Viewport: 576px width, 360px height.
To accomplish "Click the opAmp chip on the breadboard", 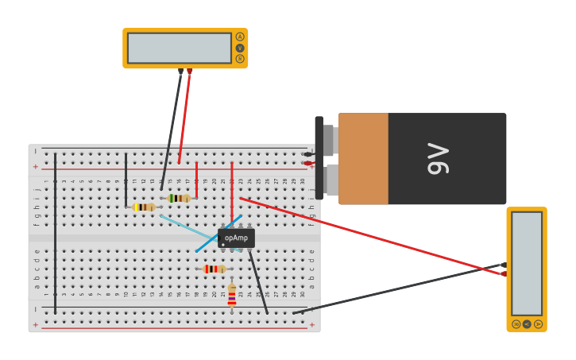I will [x=236, y=238].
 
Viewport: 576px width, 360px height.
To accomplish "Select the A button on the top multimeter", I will [x=240, y=37].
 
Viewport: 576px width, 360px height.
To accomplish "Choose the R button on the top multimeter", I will [x=240, y=59].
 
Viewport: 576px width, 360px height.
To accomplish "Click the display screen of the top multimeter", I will [x=180, y=48].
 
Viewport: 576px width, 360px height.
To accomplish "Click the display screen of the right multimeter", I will [x=527, y=264].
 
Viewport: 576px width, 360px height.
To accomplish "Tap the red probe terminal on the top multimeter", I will [x=190, y=72].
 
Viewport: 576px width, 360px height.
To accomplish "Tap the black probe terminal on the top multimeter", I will [x=180, y=72].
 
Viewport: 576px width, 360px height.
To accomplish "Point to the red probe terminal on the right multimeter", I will [x=504, y=273].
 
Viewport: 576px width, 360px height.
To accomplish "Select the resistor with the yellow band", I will [x=144, y=207].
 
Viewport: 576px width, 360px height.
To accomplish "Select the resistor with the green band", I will [x=180, y=198].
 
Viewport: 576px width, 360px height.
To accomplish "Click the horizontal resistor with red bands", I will [x=215, y=269].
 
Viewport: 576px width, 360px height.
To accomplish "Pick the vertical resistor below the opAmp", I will [x=232, y=295].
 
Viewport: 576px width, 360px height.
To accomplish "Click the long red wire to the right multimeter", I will [x=373, y=236].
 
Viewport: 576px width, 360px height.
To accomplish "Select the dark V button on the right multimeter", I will [x=527, y=324].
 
